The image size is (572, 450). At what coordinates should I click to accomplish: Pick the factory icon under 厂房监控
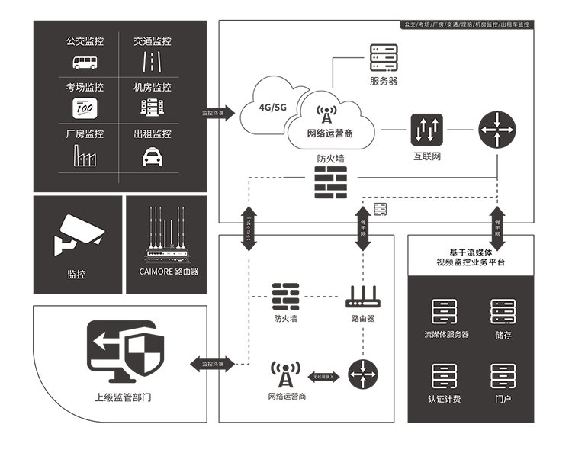[x=83, y=156]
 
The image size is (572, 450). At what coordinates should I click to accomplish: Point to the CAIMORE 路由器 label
[x=169, y=271]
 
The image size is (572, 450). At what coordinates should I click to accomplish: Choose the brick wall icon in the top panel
[x=329, y=182]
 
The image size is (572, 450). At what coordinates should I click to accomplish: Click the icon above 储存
[x=503, y=311]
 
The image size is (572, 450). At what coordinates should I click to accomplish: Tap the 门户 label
[x=503, y=399]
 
